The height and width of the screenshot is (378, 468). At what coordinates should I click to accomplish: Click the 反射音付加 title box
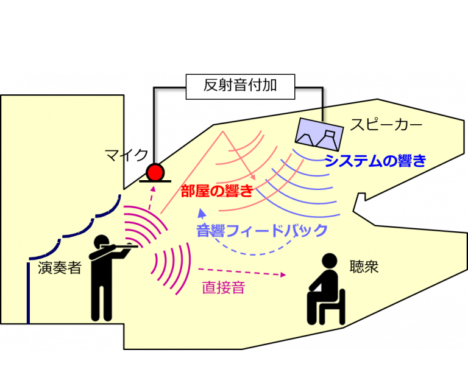point(240,86)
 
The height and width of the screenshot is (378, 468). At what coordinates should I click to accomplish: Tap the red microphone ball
point(155,172)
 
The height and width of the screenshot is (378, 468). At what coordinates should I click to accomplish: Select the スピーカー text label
point(386,126)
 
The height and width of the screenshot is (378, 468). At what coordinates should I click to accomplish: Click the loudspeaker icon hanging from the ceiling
point(318,134)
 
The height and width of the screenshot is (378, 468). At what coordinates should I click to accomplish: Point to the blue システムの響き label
point(375,161)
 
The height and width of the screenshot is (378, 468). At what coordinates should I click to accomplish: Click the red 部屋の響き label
point(217,191)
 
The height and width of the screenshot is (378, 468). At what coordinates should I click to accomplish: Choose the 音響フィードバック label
point(262,231)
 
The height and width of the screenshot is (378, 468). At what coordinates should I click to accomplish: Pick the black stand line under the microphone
point(155,181)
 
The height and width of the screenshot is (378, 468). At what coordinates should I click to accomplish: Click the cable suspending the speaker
point(323,113)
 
